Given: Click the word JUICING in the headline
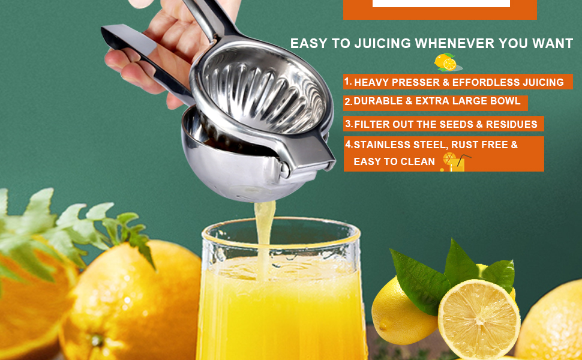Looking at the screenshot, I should point(382,44).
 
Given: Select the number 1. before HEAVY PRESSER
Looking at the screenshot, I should point(348,81).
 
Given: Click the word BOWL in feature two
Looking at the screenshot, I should point(505,101).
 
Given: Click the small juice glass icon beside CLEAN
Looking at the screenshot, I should point(454,162).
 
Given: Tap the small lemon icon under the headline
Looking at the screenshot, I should point(446,62).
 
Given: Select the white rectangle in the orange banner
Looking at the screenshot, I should point(441,4).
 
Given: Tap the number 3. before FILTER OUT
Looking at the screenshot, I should point(349,124).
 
